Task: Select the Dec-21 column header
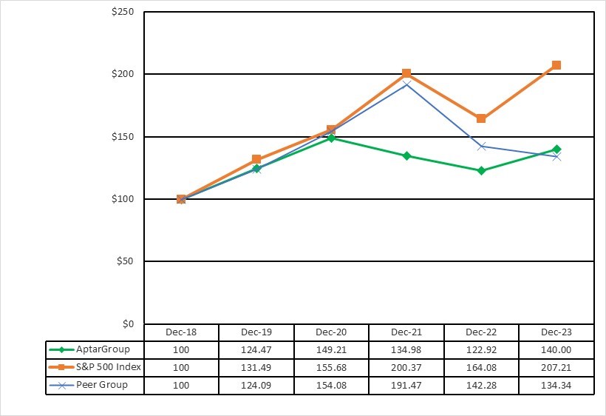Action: (406, 332)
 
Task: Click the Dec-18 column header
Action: (181, 332)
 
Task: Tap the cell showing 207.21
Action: (556, 367)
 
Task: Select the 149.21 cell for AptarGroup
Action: (330, 349)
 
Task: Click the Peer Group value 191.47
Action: (406, 385)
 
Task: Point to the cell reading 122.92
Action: (481, 349)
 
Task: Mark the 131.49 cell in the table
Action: (256, 367)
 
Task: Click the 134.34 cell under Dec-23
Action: (556, 385)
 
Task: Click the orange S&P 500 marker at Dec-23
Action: (556, 65)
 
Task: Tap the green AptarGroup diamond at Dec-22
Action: (481, 170)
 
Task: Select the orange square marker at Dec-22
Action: (481, 118)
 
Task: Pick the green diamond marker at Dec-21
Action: (406, 155)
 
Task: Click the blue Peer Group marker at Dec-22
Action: (481, 146)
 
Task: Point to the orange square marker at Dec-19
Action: (256, 159)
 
